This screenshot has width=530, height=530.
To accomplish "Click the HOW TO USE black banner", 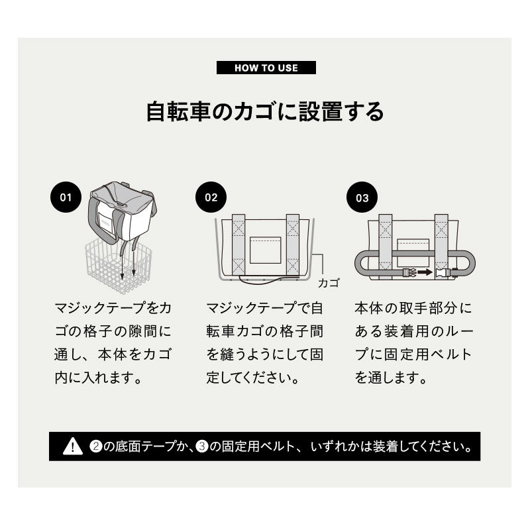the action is pos(266,68).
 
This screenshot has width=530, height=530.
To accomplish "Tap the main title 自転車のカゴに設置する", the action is pos(265,111).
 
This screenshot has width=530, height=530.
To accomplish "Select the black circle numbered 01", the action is pos(66,197).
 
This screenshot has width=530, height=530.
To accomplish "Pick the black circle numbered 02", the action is pos(211,197).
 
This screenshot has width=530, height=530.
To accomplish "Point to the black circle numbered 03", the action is pos(362,197).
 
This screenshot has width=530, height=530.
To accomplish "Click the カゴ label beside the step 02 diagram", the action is pos(328,283).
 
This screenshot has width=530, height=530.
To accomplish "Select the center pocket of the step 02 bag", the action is pos(266,250).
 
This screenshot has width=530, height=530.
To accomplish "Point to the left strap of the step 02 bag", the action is pos(238,244).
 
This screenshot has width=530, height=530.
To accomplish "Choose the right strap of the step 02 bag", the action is pos(293,244).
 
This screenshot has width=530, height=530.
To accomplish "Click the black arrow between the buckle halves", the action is pos(425,272).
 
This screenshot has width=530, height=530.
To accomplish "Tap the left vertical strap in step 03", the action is pos(386,246).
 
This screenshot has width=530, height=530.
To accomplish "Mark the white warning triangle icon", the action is pos(73,446).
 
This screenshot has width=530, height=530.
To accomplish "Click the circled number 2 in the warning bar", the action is pos(95,447).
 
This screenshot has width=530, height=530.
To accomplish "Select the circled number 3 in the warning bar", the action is pos(202,447).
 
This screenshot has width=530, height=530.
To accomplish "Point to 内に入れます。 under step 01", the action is pos(98,378).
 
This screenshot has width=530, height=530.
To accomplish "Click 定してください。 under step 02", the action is pos(253,378).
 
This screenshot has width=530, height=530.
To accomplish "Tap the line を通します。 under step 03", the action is pos(391,378).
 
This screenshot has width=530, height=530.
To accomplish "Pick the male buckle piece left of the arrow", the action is pos(409,272).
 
